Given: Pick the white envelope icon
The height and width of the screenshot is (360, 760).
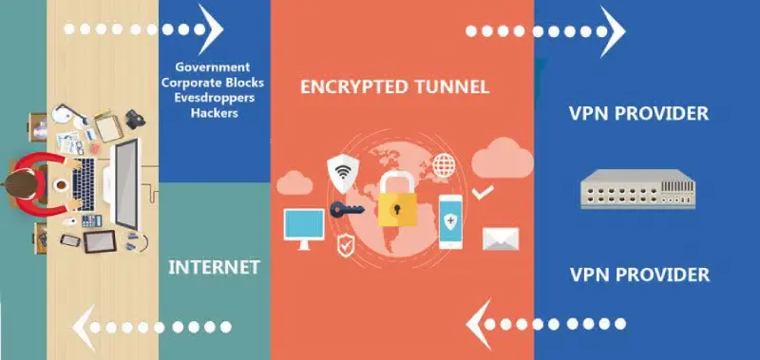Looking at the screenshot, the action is coord(498,237).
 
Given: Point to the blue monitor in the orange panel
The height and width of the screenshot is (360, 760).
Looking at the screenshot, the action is coord(304,225).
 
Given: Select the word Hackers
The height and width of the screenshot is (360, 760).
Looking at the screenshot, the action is coord(213,113).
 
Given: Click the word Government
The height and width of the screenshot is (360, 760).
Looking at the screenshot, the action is coord(213,67).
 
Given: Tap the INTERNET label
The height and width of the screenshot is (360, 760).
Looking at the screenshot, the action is coord(214,267).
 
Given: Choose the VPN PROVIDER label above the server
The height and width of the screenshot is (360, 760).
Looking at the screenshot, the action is coord(638,114).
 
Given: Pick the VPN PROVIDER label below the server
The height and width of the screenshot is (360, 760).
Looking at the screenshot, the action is coord(638,275).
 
